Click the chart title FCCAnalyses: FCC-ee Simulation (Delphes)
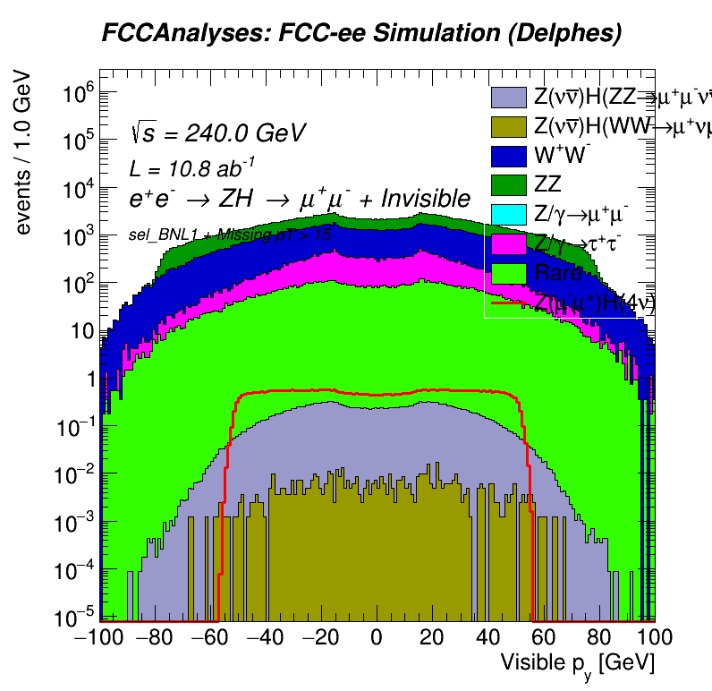coord(360,35)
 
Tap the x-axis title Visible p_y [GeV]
coord(577,664)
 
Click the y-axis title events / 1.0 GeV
coord(24,153)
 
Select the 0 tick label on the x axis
coord(377,637)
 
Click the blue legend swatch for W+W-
coord(508,156)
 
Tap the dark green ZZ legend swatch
coord(508,185)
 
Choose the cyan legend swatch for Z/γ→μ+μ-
coord(508,215)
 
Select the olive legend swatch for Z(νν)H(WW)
coord(508,126)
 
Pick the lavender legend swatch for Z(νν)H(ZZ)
coord(508,97)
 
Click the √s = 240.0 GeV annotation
coord(218,133)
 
